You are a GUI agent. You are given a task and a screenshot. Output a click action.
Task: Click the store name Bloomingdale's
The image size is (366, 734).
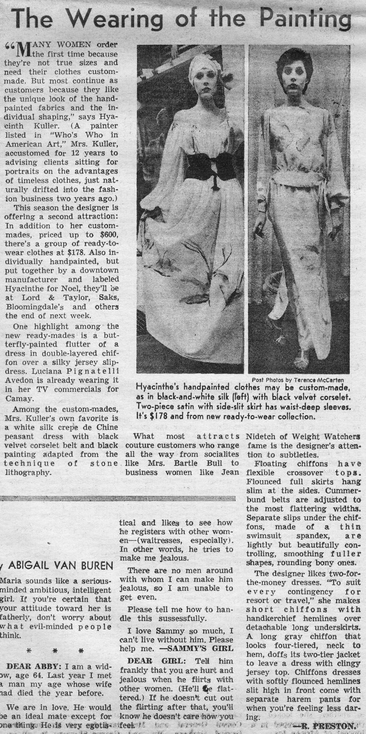(34, 307)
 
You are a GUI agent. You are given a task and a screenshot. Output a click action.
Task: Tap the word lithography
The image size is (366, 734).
(28, 472)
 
